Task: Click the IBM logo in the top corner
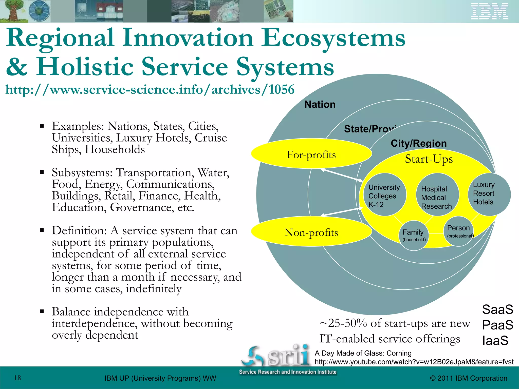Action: [489, 11]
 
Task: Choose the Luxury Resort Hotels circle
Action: [488, 194]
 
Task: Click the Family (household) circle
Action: [414, 235]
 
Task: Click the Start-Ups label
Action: [429, 159]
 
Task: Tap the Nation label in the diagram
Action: [320, 104]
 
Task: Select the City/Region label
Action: [419, 143]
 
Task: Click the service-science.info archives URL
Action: [150, 90]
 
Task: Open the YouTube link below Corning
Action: [414, 362]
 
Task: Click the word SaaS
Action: [497, 309]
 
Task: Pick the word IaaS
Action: [495, 340]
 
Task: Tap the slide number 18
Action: [17, 378]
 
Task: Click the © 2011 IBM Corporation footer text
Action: [469, 378]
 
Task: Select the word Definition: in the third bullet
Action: [79, 230]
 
